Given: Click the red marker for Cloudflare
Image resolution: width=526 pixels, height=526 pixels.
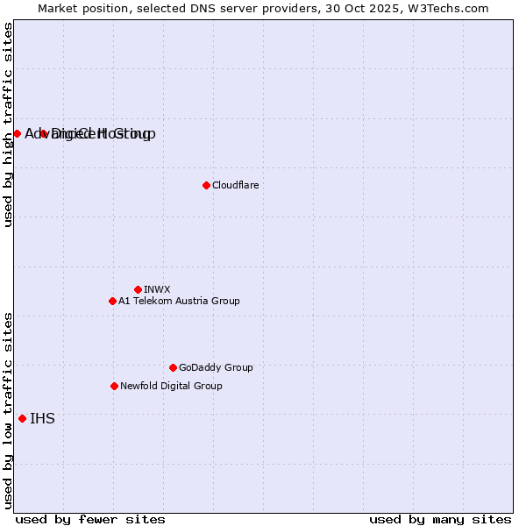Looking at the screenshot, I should click(206, 185).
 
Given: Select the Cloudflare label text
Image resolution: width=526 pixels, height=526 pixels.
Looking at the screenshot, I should click(235, 185).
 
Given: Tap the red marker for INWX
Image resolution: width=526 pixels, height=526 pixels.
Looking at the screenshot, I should click(138, 289).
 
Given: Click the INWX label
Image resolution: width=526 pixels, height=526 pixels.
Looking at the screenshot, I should click(157, 289).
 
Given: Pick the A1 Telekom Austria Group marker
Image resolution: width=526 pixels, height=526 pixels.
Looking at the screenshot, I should click(112, 301).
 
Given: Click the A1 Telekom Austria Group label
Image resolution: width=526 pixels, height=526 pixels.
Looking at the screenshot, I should click(179, 301).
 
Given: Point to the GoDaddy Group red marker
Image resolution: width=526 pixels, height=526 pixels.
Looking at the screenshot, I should click(173, 367).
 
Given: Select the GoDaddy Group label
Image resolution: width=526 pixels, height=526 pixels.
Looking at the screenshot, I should click(216, 367).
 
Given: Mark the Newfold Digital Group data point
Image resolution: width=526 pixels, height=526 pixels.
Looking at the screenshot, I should click(114, 386).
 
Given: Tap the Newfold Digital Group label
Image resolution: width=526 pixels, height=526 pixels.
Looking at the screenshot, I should click(171, 386).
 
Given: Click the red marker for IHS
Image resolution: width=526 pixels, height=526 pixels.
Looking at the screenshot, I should click(22, 418).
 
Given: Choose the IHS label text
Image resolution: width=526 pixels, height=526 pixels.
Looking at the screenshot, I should click(42, 418).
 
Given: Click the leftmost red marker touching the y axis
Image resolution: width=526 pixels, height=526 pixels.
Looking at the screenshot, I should click(17, 133).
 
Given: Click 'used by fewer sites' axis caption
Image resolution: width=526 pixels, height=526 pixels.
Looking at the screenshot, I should click(90, 519).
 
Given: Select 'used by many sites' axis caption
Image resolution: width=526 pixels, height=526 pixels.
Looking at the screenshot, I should click(440, 519).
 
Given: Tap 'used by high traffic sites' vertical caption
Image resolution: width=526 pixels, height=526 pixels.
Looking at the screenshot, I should click(8, 124).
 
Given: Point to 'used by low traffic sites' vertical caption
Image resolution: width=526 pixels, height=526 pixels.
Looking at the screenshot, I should click(8, 409).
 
